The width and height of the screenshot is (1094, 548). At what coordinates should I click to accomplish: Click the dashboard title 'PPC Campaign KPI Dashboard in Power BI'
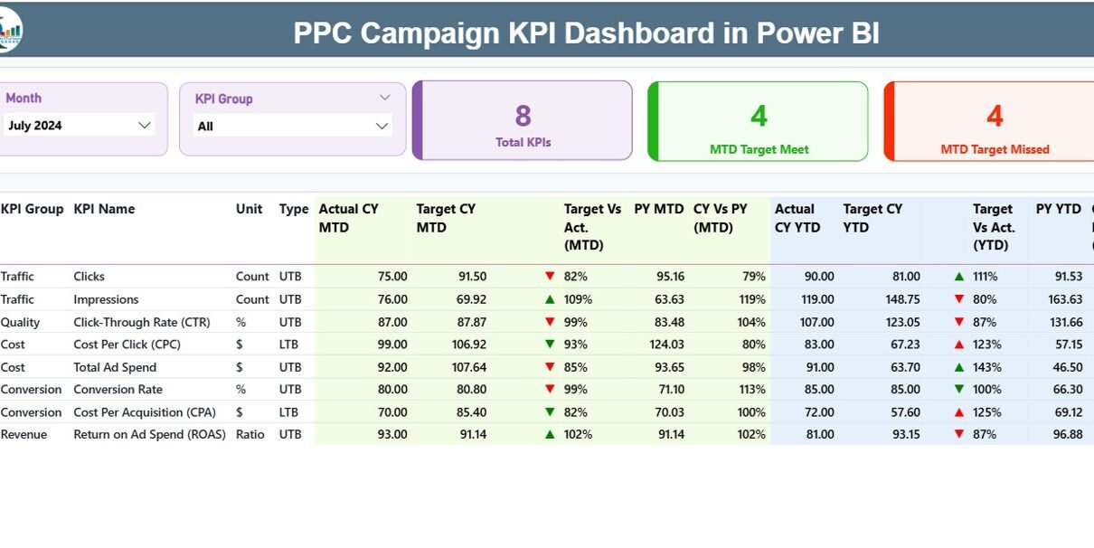click(586, 33)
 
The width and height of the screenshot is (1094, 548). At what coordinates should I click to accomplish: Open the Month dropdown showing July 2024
click(144, 126)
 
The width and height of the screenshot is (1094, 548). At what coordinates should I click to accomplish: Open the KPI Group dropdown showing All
click(382, 127)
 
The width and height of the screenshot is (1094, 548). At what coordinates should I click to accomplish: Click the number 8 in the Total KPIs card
click(523, 116)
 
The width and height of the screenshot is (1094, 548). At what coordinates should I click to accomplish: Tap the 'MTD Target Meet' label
click(759, 149)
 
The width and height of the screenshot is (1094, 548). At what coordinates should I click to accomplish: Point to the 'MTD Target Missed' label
click(995, 149)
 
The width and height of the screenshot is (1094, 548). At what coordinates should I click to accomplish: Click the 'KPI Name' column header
click(104, 209)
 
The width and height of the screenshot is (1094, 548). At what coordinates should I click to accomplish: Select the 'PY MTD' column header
click(658, 209)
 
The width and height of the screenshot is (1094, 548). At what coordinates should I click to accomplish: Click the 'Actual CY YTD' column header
click(797, 218)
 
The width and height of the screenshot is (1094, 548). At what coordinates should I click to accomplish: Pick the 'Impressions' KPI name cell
click(106, 299)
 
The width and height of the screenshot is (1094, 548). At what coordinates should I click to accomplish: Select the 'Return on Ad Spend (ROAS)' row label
click(149, 434)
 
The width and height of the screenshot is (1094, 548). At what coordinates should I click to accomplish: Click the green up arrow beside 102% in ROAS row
click(550, 434)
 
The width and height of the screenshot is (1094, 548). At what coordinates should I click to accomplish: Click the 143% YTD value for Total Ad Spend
click(987, 367)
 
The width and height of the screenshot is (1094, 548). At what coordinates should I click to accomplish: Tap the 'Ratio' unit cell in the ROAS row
click(250, 434)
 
